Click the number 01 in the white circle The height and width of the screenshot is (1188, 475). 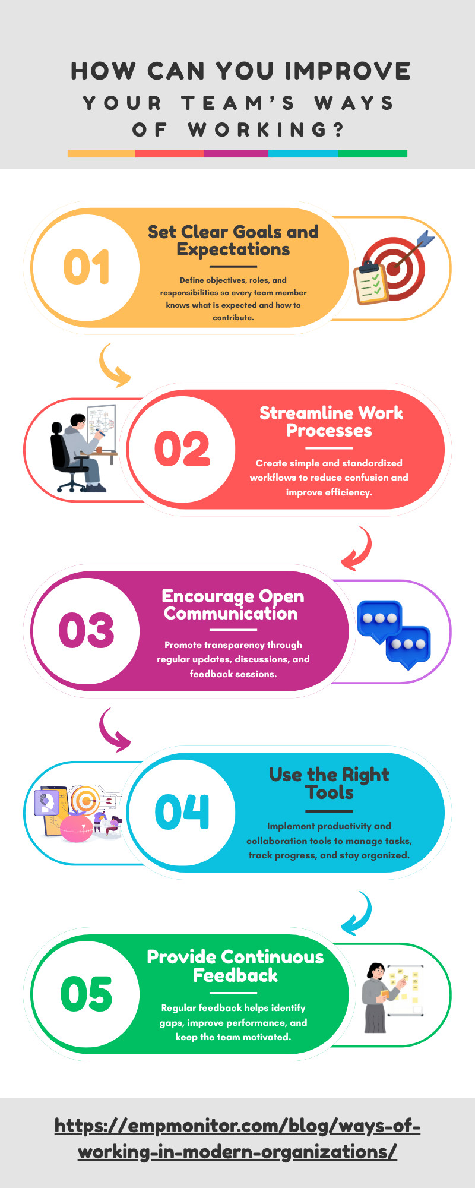click(x=87, y=267)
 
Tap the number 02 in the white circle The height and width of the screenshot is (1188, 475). click(x=182, y=448)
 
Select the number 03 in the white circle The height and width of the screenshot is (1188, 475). click(x=86, y=630)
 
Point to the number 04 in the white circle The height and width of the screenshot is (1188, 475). click(x=182, y=811)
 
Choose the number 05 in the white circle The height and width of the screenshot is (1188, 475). click(x=86, y=994)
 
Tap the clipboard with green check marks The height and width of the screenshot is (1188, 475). click(x=370, y=283)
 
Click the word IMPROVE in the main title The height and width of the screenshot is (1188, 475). click(x=347, y=71)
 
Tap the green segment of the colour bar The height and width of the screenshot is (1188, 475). click(x=372, y=153)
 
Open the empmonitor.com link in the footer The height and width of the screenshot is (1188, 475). click(x=237, y=1139)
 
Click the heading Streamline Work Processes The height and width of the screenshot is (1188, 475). click(x=331, y=422)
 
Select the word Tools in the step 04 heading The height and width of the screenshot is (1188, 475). click(x=330, y=792)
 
